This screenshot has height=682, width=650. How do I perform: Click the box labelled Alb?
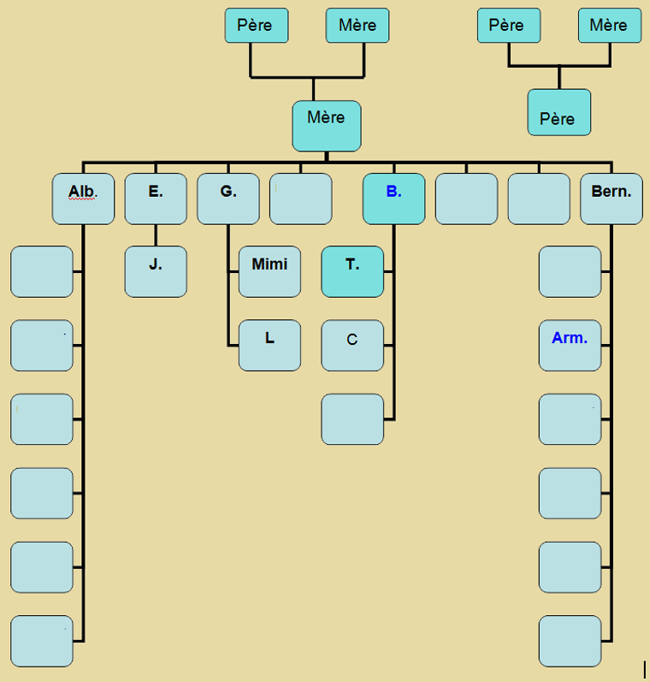[83, 199]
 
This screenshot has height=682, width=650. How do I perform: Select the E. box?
[156, 199]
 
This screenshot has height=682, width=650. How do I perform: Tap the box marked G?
[228, 199]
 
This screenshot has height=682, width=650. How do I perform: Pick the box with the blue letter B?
[393, 199]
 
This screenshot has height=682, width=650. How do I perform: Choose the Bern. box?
[611, 199]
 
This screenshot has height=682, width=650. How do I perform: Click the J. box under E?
[156, 271]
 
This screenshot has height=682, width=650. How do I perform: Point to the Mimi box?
[269, 271]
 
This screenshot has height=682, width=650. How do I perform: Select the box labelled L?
[269, 345]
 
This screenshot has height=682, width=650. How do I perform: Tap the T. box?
[352, 271]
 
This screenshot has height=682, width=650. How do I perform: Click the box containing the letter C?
[352, 345]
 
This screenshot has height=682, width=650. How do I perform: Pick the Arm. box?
[570, 345]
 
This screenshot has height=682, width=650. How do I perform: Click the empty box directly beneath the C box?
[352, 419]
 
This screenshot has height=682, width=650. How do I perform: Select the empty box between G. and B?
[301, 199]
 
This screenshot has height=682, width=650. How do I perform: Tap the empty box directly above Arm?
[570, 271]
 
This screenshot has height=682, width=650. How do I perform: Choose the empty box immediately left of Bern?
[539, 199]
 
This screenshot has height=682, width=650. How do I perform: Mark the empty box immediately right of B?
[466, 199]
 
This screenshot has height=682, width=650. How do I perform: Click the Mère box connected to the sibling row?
[327, 126]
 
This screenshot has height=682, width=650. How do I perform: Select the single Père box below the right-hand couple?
[558, 112]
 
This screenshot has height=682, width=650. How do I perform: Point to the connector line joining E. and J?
[156, 235]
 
